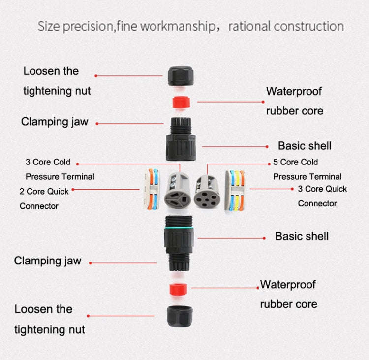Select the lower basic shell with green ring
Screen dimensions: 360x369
click(x=180, y=239)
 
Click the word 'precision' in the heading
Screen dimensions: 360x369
click(x=88, y=27)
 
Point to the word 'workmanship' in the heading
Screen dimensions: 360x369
click(x=177, y=27)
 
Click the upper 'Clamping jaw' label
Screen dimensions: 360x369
click(x=54, y=122)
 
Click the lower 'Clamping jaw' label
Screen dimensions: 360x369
click(x=47, y=261)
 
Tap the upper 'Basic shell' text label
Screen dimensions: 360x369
click(x=305, y=146)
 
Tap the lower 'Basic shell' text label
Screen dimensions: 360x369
click(x=302, y=236)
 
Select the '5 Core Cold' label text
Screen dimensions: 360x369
click(x=295, y=162)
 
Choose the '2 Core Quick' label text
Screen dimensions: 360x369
click(x=44, y=191)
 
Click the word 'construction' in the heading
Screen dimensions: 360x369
click(x=308, y=27)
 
